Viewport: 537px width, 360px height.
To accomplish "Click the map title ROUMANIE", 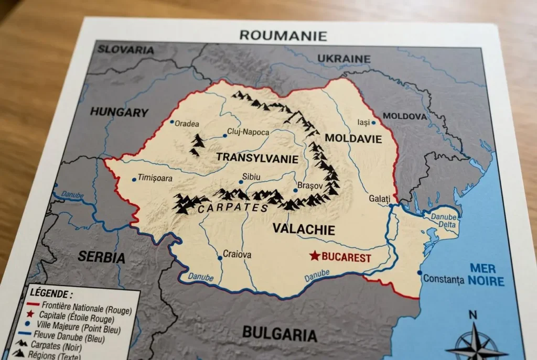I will pyautogui.click(x=283, y=36).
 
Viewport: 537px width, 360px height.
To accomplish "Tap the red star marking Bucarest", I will pyautogui.click(x=314, y=256).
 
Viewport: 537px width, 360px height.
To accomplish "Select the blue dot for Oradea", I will pyautogui.click(x=171, y=122).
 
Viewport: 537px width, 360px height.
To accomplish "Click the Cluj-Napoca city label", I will pyautogui.click(x=248, y=132).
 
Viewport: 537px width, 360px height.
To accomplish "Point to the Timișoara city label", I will pyautogui.click(x=155, y=178).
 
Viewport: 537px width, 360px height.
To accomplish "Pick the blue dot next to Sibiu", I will pyautogui.click(x=241, y=182).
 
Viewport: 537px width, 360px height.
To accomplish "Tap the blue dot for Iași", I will pyautogui.click(x=373, y=123).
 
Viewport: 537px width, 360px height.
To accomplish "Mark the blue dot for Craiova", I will pyautogui.click(x=220, y=258).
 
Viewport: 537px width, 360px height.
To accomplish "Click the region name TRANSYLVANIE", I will pyautogui.click(x=257, y=158).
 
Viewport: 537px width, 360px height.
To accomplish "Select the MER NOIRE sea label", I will pyautogui.click(x=486, y=275).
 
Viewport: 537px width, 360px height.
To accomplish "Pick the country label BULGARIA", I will pyautogui.click(x=280, y=334).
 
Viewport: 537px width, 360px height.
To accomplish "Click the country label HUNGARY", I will pyautogui.click(x=119, y=112).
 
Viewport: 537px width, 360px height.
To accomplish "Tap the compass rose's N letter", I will pyautogui.click(x=472, y=315).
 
